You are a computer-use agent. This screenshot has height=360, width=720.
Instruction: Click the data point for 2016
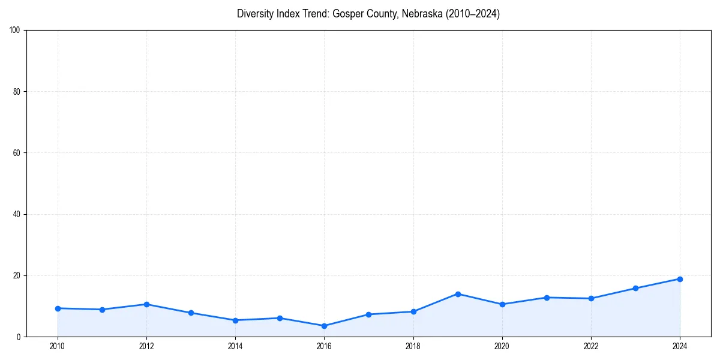coord(324,326)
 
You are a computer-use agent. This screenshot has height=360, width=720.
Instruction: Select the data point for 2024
coord(680,279)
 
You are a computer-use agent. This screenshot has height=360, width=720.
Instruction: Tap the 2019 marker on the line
coord(458,294)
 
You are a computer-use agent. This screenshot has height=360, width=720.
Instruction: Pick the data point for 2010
coord(58,308)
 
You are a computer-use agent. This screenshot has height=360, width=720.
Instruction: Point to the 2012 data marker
coord(146,304)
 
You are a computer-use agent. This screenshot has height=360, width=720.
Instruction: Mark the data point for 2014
coord(235,320)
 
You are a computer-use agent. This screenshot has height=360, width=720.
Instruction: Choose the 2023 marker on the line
coord(635,289)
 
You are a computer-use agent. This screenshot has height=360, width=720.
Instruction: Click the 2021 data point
coord(547,298)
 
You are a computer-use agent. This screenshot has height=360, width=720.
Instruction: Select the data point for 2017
coord(368,314)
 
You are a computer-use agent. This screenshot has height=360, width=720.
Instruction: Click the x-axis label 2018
coord(413,346)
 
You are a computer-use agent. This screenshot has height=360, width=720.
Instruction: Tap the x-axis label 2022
coord(591,346)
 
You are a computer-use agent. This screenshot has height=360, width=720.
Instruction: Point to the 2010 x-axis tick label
coord(58,346)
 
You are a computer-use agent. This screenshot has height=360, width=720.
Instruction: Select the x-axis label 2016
coord(324,346)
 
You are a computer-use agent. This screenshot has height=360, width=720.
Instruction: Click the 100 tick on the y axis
coord(15,30)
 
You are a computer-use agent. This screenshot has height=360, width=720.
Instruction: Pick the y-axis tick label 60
coord(17,153)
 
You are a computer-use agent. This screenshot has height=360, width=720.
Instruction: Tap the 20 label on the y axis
coord(17,275)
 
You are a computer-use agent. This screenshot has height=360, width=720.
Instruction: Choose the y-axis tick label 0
coord(19,337)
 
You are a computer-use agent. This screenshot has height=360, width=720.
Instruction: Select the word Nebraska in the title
coord(422,14)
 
